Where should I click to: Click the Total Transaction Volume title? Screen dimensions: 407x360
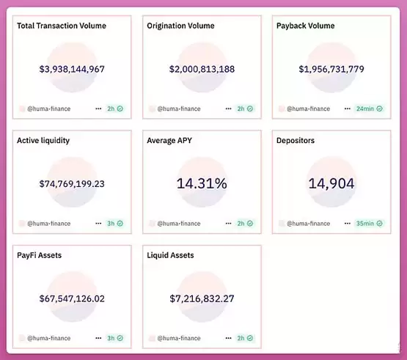[x=62, y=26]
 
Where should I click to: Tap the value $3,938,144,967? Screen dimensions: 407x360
[x=72, y=69]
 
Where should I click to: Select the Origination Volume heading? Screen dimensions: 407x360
[x=180, y=26]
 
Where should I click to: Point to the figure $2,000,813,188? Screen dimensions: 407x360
[x=202, y=69]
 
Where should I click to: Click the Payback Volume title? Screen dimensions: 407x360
[x=306, y=26]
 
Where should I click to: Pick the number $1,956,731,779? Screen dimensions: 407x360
[x=331, y=69]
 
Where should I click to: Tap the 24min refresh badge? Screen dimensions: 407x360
[x=369, y=109]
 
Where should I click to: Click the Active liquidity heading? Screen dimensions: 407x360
[x=43, y=141]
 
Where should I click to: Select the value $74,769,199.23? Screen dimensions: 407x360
[x=72, y=184]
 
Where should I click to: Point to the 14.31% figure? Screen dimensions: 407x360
[x=202, y=183]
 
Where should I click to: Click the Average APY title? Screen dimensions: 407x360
[x=169, y=141]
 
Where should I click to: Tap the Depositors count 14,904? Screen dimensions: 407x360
[x=331, y=183]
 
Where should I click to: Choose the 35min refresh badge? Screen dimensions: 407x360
[x=369, y=223]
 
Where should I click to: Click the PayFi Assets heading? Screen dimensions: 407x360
[x=40, y=255]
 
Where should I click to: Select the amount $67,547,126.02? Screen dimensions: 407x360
[x=72, y=298]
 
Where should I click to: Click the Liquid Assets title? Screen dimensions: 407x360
[x=170, y=255]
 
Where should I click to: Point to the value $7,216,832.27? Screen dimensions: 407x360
[x=202, y=298]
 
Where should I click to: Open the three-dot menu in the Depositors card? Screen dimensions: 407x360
[x=348, y=223]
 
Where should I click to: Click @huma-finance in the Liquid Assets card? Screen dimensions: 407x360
[x=179, y=338]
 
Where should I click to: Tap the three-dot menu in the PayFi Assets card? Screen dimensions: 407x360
[x=98, y=338]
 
